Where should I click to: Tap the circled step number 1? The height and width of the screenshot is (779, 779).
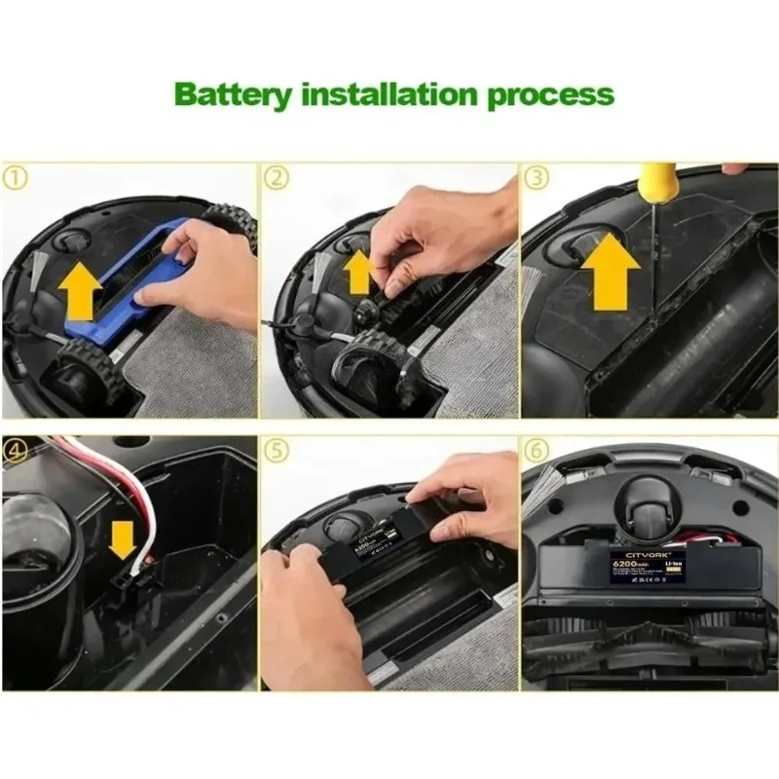coord(17,177)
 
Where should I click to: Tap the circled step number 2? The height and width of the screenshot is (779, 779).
coord(278,177)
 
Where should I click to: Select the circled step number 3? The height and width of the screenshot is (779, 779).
coord(538,177)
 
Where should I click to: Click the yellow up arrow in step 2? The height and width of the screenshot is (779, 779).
coord(358,272)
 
